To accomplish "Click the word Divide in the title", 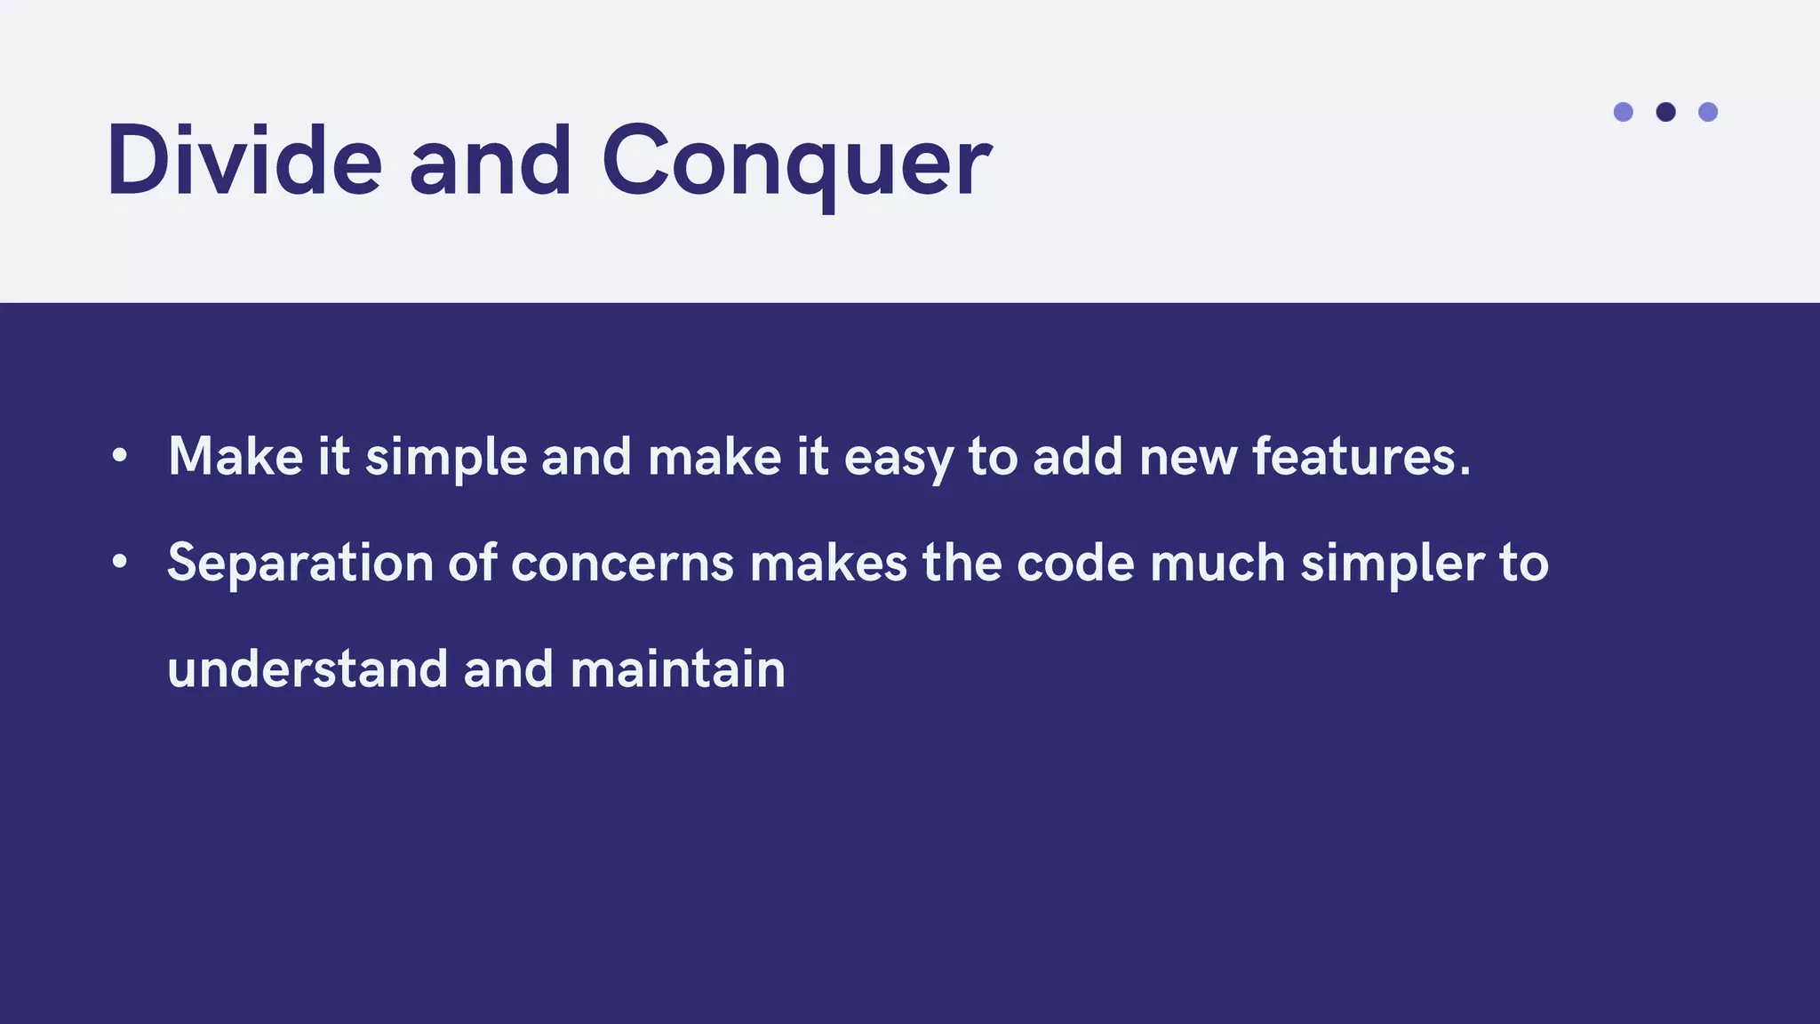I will pyautogui.click(x=244, y=162).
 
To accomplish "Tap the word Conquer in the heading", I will pyautogui.click(x=796, y=162).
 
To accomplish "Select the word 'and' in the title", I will pyautogui.click(x=491, y=162).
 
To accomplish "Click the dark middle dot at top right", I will pyautogui.click(x=1665, y=112).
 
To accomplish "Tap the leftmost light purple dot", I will pyautogui.click(x=1623, y=112).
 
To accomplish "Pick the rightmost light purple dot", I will pyautogui.click(x=1708, y=112).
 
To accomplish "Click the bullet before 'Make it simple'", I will pyautogui.click(x=120, y=457).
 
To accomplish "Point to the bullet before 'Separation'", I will pyautogui.click(x=120, y=563).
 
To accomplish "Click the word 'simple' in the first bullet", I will pyautogui.click(x=446, y=458).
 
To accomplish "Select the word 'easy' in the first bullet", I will pyautogui.click(x=898, y=458).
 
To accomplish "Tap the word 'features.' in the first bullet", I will pyautogui.click(x=1361, y=457).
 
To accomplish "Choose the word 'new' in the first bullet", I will pyautogui.click(x=1187, y=458).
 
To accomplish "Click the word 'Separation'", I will pyautogui.click(x=299, y=564).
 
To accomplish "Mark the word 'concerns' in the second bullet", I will pyautogui.click(x=622, y=564).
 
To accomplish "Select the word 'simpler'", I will pyautogui.click(x=1392, y=564).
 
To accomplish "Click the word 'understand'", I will pyautogui.click(x=307, y=669).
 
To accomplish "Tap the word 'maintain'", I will pyautogui.click(x=678, y=669).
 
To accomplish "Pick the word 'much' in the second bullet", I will pyautogui.click(x=1217, y=564).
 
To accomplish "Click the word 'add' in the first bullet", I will pyautogui.click(x=1077, y=457).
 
